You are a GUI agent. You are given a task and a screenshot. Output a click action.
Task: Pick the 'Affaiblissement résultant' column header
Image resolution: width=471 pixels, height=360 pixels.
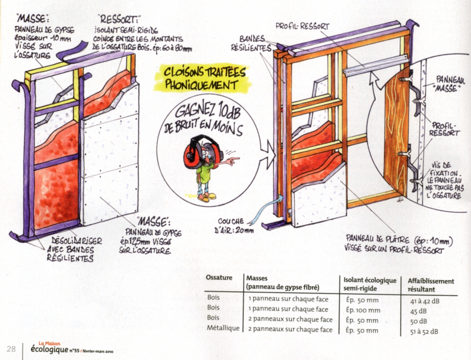click(x=431, y=285)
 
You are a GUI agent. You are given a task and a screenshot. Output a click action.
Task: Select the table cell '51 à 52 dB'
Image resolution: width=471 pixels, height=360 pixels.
click(x=424, y=331)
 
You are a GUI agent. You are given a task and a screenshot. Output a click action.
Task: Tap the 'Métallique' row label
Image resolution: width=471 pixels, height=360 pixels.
click(x=223, y=329)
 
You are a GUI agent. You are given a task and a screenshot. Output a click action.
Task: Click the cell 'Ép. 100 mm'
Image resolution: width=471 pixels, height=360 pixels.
click(x=362, y=310)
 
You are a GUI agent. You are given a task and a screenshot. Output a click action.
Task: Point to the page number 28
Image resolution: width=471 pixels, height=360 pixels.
click(x=11, y=349)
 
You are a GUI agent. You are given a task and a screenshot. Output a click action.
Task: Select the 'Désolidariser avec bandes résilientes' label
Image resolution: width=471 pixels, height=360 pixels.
click(x=72, y=249)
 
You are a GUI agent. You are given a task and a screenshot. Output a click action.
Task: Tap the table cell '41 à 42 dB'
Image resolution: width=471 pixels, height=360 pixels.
click(x=424, y=301)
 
